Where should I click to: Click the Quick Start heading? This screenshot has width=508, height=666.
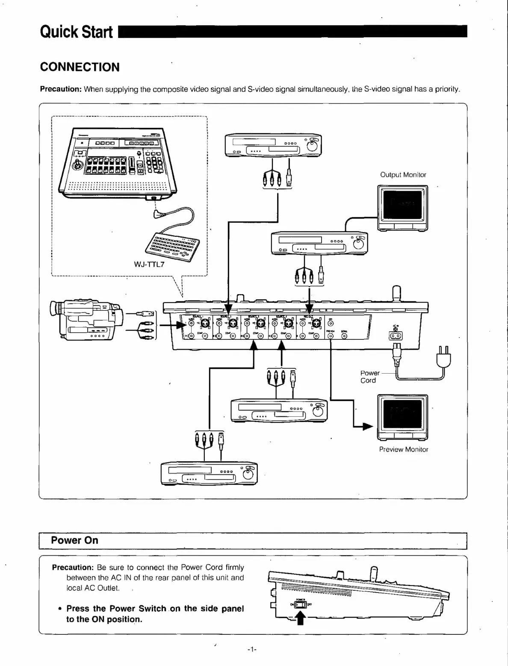(x=76, y=32)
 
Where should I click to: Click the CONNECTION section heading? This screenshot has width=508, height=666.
(x=80, y=67)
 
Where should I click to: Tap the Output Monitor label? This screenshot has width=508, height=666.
(x=403, y=174)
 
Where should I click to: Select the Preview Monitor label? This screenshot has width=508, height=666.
(x=403, y=449)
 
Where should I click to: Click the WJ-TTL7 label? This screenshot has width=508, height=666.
(x=149, y=264)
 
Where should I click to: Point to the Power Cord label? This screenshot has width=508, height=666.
(x=369, y=377)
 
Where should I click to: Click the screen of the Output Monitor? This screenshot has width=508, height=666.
(x=402, y=203)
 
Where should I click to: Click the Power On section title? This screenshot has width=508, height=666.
(x=74, y=540)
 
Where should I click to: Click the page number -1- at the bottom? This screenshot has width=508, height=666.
(x=252, y=650)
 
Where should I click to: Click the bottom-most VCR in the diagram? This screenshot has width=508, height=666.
(x=209, y=474)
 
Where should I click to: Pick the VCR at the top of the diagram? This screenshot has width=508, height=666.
(x=273, y=145)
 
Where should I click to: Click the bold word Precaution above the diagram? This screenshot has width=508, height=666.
(x=61, y=89)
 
